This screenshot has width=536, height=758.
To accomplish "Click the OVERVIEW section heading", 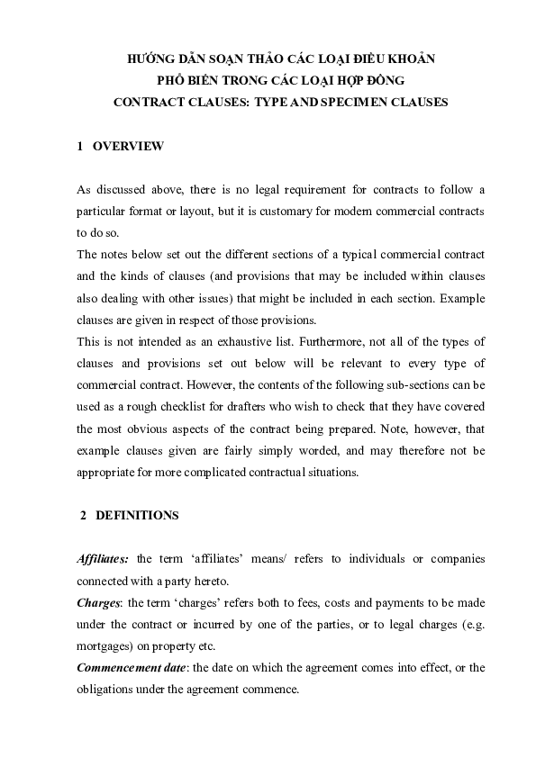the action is pos(128,146).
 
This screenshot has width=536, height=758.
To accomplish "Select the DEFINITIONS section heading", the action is pos(137,516).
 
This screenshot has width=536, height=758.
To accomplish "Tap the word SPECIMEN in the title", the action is pos(368,103).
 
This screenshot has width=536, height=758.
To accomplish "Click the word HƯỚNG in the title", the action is pos(154,59).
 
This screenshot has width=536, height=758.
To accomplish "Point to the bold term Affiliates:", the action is pos(104,559).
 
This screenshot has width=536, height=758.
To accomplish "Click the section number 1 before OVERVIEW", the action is pos(81,146).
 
